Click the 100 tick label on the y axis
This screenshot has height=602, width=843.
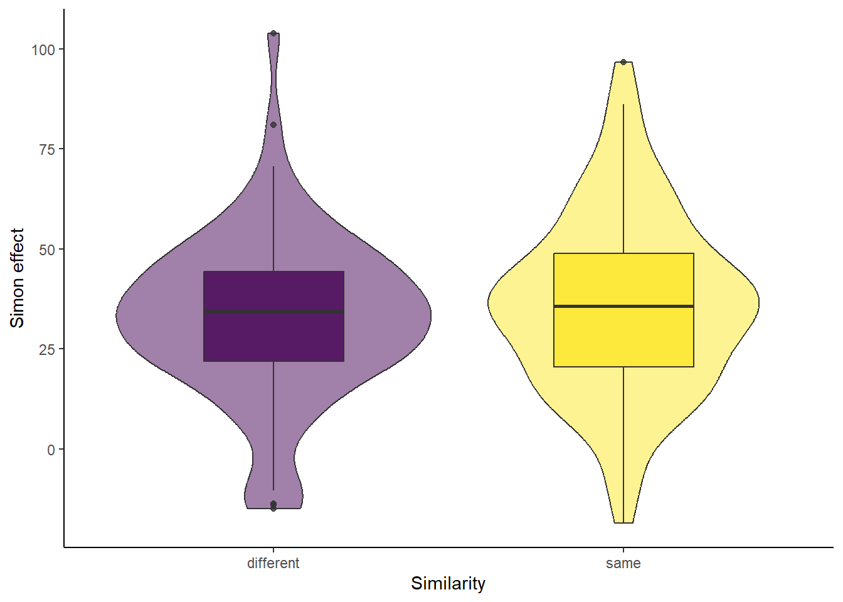pyautogui.click(x=43, y=50)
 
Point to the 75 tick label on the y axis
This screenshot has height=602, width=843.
pyautogui.click(x=47, y=149)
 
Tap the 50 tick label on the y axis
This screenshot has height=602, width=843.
pyautogui.click(x=47, y=250)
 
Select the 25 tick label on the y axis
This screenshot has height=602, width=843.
pyautogui.click(x=47, y=349)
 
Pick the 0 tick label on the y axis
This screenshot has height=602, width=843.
pyautogui.click(x=51, y=450)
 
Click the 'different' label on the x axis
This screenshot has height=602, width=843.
pyautogui.click(x=273, y=563)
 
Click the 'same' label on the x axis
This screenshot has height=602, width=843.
pyautogui.click(x=623, y=564)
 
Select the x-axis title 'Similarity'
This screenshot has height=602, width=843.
pyautogui.click(x=448, y=584)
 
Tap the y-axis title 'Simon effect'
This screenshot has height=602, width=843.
pyautogui.click(x=17, y=278)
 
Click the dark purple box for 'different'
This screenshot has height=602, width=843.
pyautogui.click(x=273, y=316)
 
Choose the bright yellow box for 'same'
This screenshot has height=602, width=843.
pyautogui.click(x=623, y=310)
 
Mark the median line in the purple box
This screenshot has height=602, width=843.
pyautogui.click(x=273, y=311)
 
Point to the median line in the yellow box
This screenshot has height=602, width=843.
pyautogui.click(x=623, y=306)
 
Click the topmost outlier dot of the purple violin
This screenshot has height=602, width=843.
pyautogui.click(x=273, y=33)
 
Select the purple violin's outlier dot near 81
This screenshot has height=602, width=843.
pyautogui.click(x=273, y=125)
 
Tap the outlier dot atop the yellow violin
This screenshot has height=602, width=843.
pyautogui.click(x=623, y=61)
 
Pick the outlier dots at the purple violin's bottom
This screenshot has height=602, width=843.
pyautogui.click(x=273, y=505)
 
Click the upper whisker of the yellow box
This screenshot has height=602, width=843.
pyautogui.click(x=623, y=178)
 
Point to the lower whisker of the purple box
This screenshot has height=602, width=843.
pyautogui.click(x=273, y=426)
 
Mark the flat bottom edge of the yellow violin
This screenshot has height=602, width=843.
pyautogui.click(x=623, y=523)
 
